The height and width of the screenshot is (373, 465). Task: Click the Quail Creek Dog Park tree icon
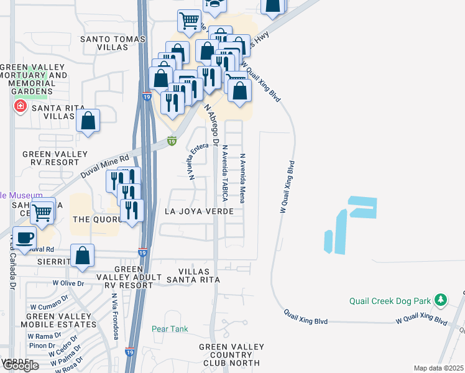(x=441, y=300)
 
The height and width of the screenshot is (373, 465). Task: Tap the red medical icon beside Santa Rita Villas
(x=21, y=106)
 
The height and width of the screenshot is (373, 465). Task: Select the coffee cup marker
(x=25, y=239)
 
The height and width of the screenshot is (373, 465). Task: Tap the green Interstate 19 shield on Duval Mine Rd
(x=172, y=142)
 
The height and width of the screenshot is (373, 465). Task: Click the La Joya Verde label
(x=199, y=211)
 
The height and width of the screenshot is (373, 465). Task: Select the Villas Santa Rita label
(x=199, y=276)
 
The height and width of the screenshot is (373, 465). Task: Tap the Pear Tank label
(x=170, y=328)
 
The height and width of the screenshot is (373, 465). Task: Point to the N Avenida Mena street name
(x=243, y=178)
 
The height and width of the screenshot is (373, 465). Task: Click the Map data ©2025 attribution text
(x=438, y=368)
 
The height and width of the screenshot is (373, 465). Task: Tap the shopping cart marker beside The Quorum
(x=42, y=213)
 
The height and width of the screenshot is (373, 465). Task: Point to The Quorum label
(x=95, y=219)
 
